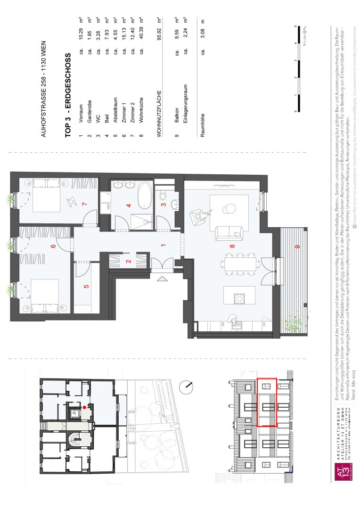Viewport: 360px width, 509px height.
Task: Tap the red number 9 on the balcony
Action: [x=297, y=246]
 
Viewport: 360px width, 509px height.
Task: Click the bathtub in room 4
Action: [x=144, y=195]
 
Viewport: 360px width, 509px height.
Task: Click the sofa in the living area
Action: [x=229, y=232]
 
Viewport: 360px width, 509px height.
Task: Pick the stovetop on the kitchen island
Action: [x=240, y=298]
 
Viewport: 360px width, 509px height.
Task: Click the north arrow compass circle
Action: [x=187, y=388]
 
